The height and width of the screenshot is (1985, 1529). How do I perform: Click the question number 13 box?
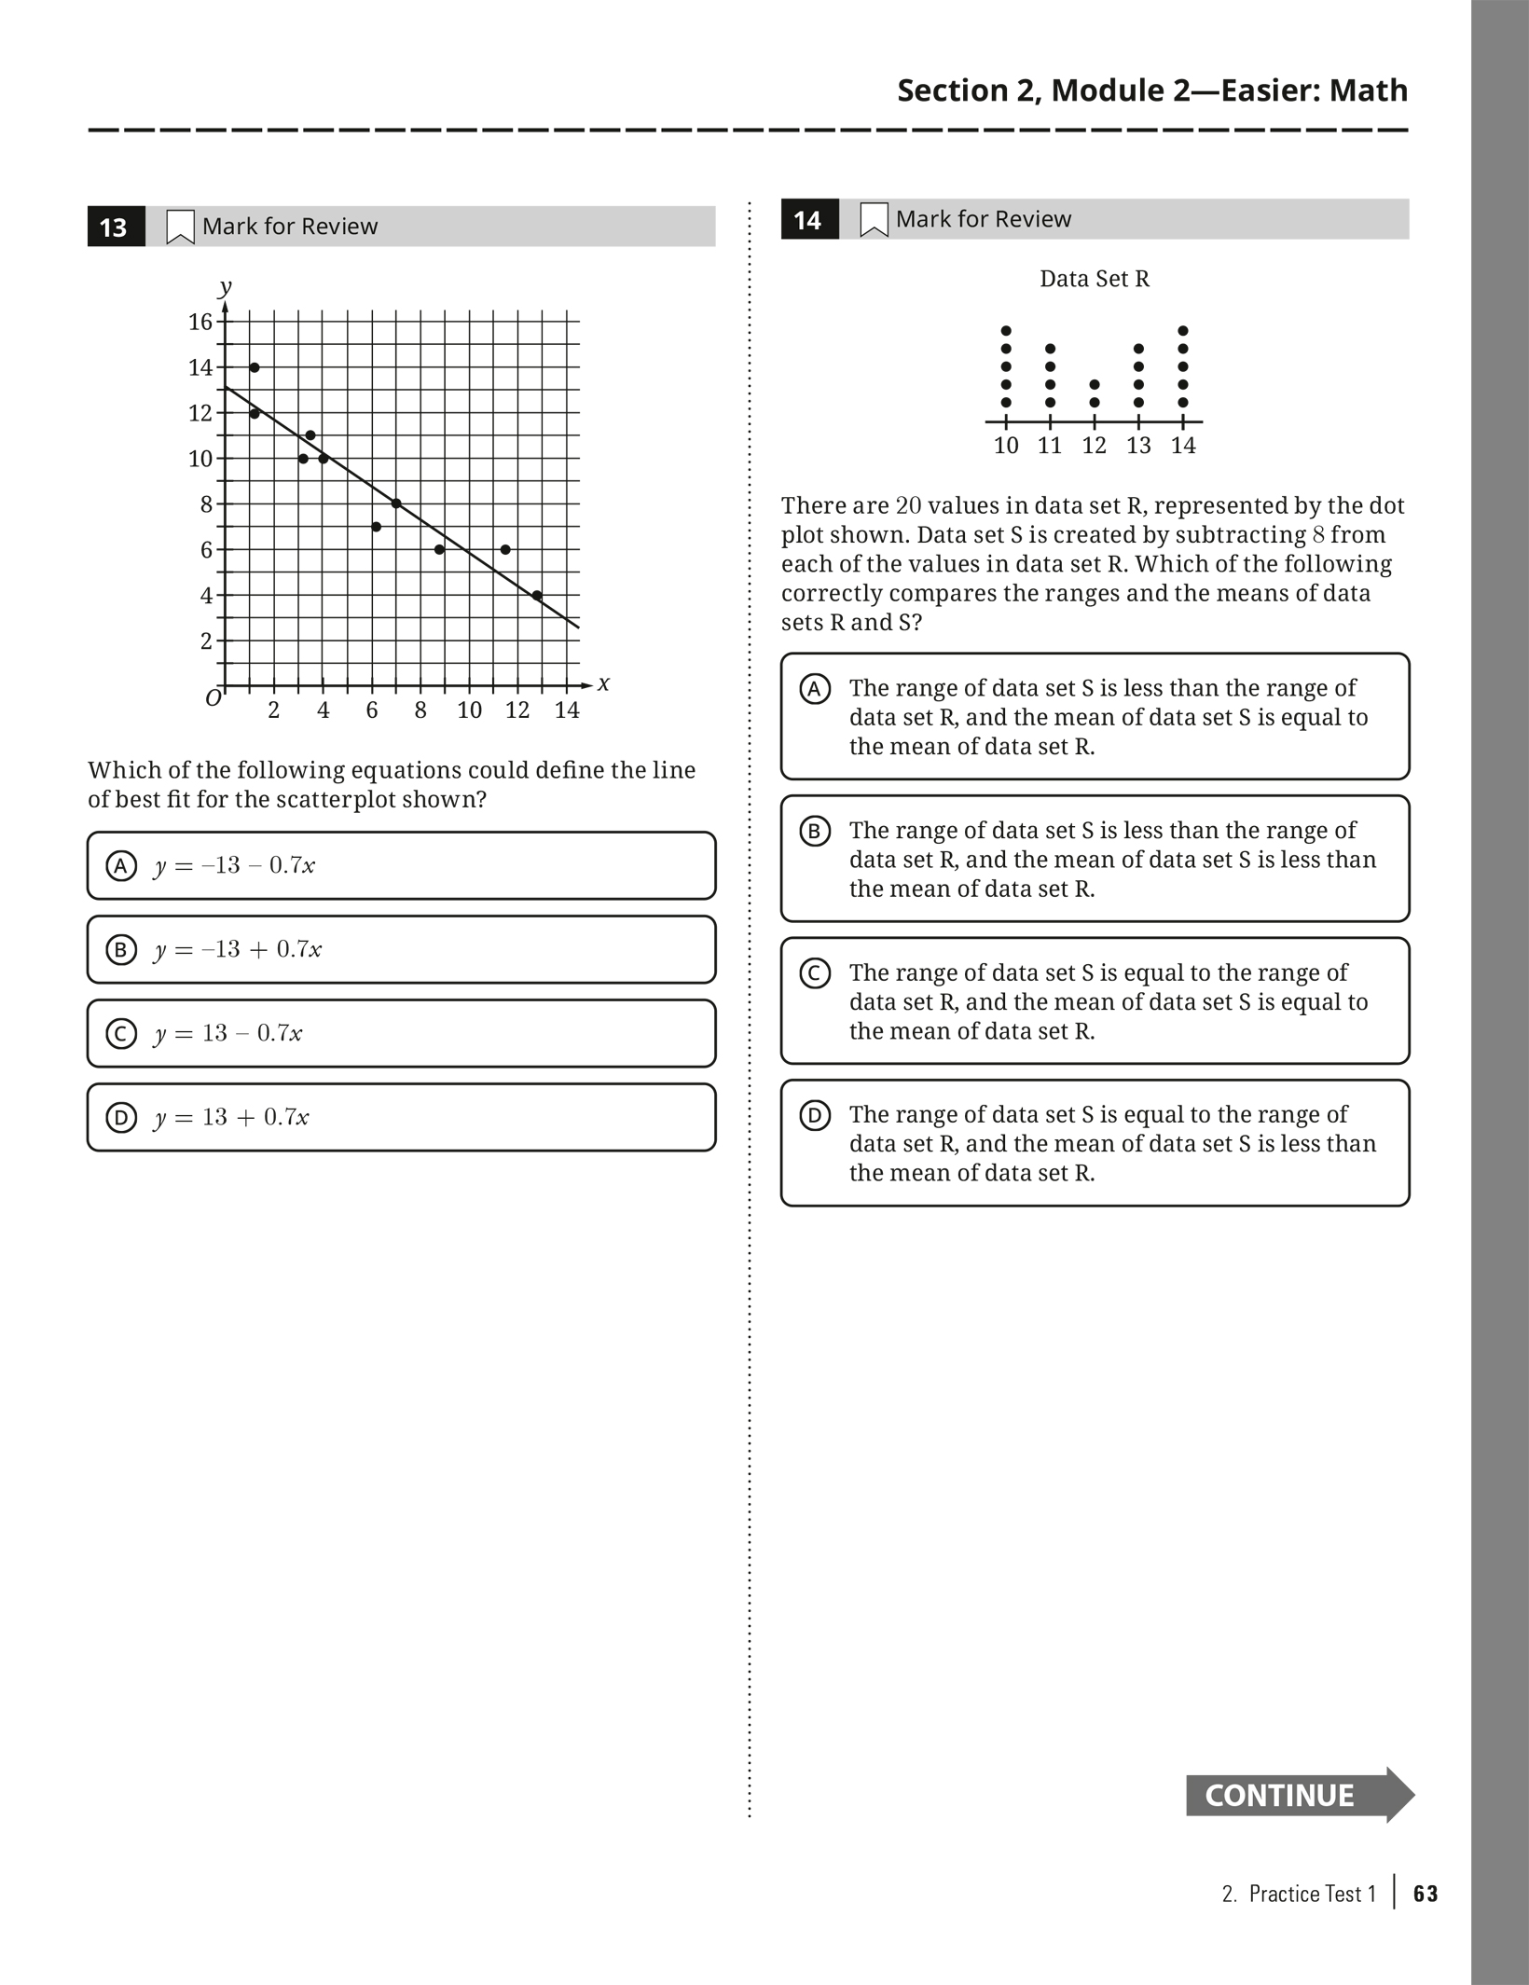pos(115,227)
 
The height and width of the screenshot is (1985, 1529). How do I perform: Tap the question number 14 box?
pos(808,220)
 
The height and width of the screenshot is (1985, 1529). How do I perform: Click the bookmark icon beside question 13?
pos(179,227)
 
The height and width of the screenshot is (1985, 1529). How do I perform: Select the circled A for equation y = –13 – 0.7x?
pos(121,866)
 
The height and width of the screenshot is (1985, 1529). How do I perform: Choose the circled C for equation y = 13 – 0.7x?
pos(121,1034)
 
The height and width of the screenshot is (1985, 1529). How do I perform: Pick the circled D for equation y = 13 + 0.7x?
pos(121,1117)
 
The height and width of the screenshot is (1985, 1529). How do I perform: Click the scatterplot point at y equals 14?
pos(255,367)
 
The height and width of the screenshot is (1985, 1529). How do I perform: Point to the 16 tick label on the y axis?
pos(200,323)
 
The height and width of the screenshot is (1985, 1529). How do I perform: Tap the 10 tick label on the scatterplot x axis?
pos(469,710)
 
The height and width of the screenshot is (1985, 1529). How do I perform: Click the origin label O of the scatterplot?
pos(214,698)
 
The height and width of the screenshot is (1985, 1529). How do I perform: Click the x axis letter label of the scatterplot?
pos(603,683)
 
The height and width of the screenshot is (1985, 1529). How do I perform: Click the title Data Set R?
pos(1095,279)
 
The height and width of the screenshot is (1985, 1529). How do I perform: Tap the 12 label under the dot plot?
pos(1094,446)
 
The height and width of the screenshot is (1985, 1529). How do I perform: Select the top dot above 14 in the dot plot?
pos(1183,331)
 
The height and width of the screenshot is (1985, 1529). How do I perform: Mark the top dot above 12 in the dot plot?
pos(1095,384)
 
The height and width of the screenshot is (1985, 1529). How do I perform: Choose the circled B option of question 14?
pos(815,831)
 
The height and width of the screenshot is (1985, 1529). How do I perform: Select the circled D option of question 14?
pos(815,1115)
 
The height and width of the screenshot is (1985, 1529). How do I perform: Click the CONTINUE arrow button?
pos(1298,1795)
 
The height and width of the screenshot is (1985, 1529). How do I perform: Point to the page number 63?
pos(1426,1894)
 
